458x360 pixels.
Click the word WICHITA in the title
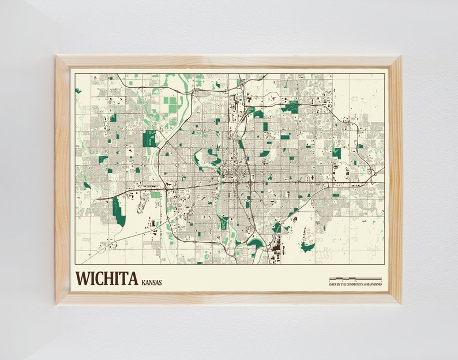coord(106,278)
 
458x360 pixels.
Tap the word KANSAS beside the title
coord(151,282)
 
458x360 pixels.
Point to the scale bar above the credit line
coord(355,279)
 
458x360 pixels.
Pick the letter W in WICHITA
coord(82,278)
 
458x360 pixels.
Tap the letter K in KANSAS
coord(142,282)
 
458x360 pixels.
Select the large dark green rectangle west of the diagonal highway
coord(149,139)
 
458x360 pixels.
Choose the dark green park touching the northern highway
coord(291,108)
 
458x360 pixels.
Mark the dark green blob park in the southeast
coord(307,247)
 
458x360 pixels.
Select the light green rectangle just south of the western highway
coord(156,195)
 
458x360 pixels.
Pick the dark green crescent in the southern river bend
coord(254,243)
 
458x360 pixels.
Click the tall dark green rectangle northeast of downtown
coord(265,126)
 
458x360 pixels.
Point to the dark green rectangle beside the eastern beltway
coord(337,154)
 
